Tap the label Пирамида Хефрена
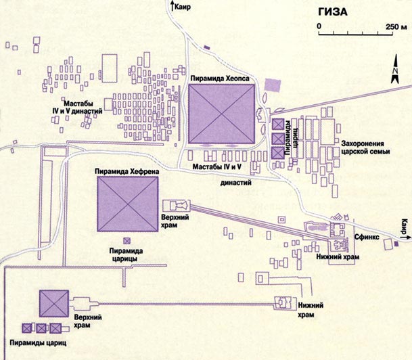pyautogui.click(x=127, y=172)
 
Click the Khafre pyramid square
pyautogui.click(x=128, y=207)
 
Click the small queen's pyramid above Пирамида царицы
pyautogui.click(x=126, y=240)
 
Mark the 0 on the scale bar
pyautogui.click(x=319, y=26)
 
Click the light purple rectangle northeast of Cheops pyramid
pyautogui.click(x=272, y=85)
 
